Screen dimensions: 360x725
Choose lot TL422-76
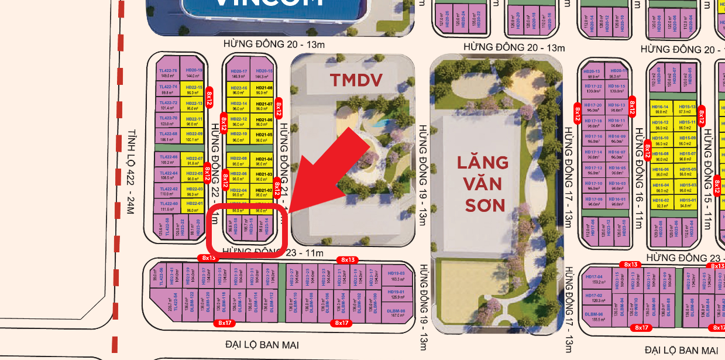click(168, 73)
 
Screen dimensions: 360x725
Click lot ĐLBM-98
click(396, 313)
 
